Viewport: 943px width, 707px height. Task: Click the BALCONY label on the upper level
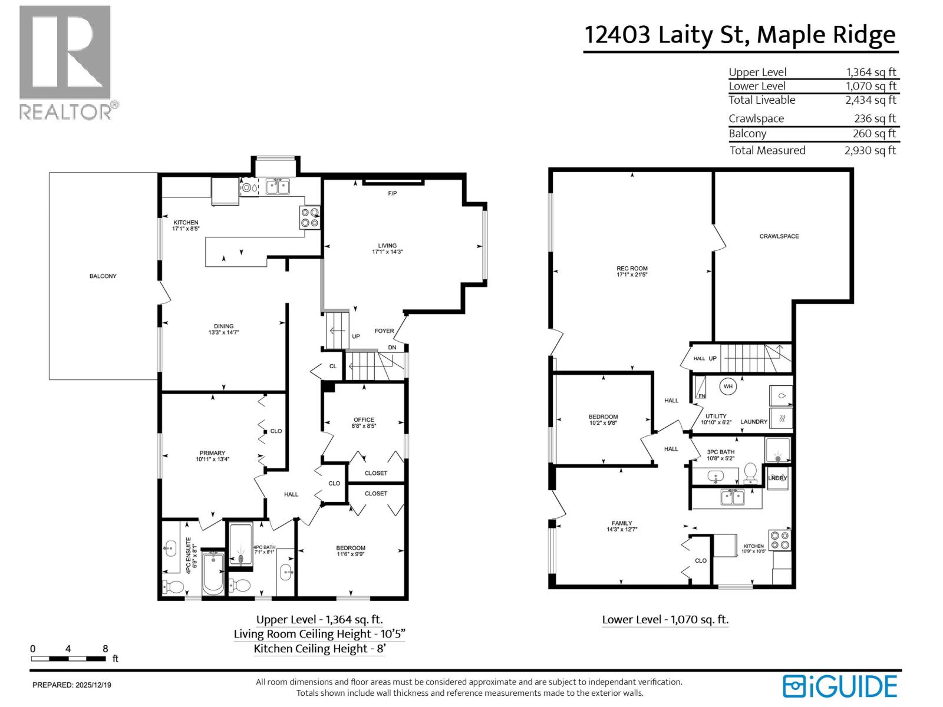coord(103,276)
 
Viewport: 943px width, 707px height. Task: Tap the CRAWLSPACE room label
coord(779,236)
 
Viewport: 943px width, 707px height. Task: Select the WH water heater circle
coord(728,386)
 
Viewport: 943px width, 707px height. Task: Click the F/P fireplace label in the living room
coord(392,193)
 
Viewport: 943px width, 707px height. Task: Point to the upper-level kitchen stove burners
coord(311,217)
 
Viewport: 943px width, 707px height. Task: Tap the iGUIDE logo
coord(840,686)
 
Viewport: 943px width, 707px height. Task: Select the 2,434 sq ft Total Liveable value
coord(870,100)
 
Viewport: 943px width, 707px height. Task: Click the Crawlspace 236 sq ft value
coord(875,118)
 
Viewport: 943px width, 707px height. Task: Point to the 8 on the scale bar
coord(105,649)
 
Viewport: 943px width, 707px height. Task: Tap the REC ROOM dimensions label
coord(632,275)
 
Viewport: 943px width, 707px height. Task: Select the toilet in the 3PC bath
coord(750,472)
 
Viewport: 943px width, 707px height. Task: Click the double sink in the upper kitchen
coord(277,187)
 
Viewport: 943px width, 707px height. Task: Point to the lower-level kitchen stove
coord(780,540)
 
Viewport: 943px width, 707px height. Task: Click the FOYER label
coord(384,331)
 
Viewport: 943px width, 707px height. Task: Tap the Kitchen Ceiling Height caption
coord(321,649)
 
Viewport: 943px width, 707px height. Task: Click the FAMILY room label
coord(622,523)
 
